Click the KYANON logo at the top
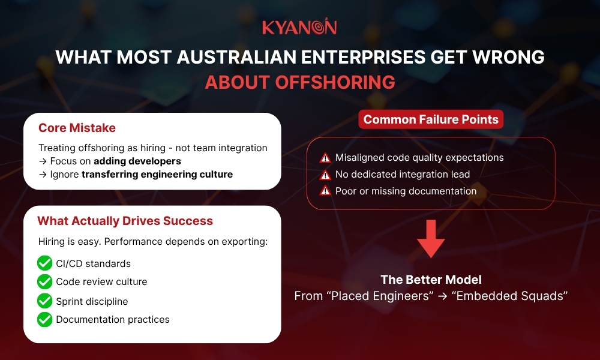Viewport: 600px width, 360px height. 299,28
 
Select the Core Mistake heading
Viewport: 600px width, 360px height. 77,128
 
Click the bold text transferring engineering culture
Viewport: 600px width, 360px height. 157,175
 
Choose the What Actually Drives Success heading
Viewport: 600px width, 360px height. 125,221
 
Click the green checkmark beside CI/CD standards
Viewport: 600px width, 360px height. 44,263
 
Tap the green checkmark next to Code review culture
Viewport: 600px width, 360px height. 44,282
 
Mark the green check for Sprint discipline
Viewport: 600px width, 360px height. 44,301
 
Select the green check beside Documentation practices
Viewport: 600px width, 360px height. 44,319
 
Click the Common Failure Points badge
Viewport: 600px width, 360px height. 431,119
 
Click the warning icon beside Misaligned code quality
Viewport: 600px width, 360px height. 325,158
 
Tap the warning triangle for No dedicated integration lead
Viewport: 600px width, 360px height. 325,175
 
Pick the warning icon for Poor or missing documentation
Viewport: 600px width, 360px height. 325,191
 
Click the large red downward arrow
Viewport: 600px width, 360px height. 431,238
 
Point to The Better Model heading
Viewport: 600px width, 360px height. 431,280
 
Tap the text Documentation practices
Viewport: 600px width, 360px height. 113,319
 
